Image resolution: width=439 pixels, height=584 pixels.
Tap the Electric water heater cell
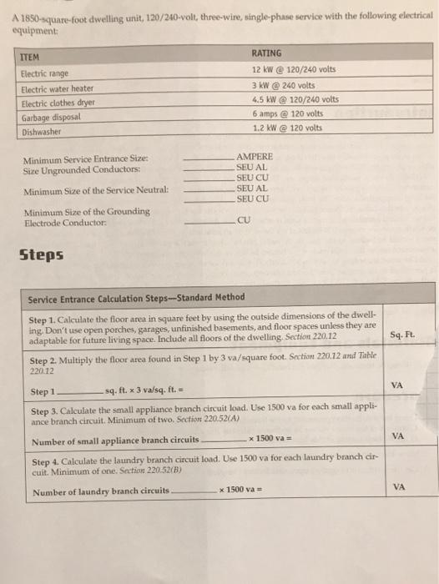58,89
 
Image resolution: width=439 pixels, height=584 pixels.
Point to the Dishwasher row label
42,131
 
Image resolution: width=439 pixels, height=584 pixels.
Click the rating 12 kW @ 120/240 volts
293,69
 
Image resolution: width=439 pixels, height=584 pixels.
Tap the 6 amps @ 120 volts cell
288,113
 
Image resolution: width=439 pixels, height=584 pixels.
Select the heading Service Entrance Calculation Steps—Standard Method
136,298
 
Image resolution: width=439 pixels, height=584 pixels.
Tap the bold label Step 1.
41,320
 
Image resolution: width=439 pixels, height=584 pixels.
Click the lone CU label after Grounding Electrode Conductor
243,221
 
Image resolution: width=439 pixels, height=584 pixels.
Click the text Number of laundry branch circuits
100,491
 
